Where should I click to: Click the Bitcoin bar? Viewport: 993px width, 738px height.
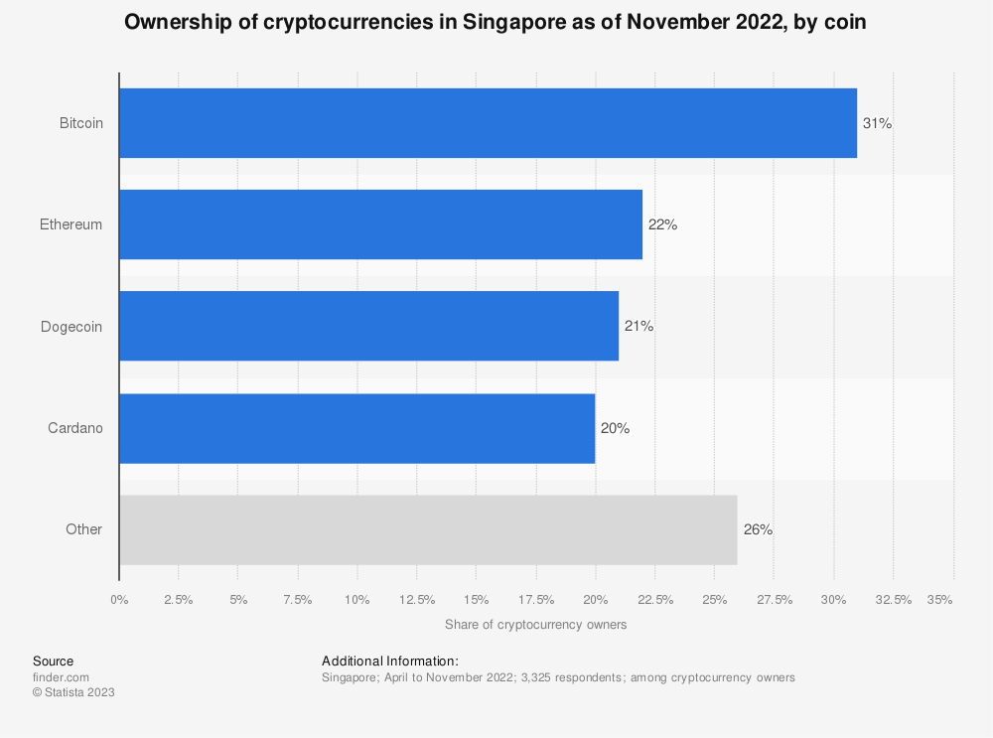[488, 123]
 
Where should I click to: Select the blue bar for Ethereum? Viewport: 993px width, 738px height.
[380, 224]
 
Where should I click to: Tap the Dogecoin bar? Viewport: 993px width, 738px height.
[368, 326]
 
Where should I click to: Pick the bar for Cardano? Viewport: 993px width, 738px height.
[356, 428]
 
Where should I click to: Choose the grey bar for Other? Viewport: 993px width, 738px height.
[428, 529]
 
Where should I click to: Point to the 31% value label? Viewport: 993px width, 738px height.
[878, 123]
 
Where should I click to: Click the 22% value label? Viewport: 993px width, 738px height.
[662, 224]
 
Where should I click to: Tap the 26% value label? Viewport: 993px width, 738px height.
[758, 529]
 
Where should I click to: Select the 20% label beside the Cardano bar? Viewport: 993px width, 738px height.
[615, 428]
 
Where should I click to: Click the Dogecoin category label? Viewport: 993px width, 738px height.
[71, 326]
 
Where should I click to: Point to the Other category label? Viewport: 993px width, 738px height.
[83, 529]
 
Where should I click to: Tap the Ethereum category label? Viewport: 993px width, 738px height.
[71, 224]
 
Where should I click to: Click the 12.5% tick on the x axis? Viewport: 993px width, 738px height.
[417, 599]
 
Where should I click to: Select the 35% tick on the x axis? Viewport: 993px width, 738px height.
[939, 599]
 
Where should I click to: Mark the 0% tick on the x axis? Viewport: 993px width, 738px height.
[119, 599]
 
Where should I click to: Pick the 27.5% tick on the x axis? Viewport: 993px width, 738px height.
[775, 599]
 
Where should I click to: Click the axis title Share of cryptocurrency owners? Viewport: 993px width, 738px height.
[535, 625]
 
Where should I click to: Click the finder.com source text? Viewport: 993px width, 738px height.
[61, 677]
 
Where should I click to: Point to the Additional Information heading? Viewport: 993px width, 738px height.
[390, 661]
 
